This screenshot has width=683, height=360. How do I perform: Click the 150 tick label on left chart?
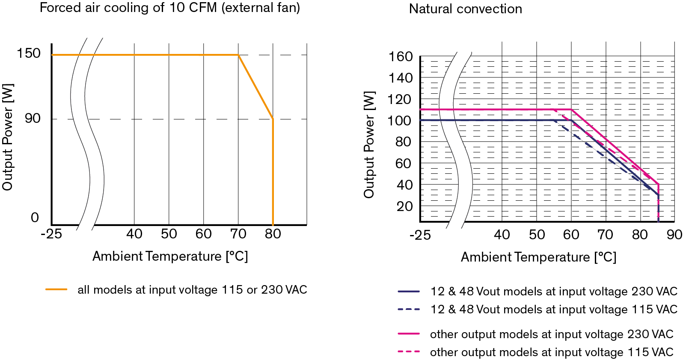coord(28,54)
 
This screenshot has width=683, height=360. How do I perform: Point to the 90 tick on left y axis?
coord(33,119)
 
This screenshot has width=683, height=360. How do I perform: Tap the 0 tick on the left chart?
coord(35,218)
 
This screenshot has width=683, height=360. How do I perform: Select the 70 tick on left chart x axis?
coord(238,234)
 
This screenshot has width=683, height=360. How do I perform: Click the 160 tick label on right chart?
coord(401,57)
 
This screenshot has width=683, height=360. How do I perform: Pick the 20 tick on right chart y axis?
coord(404,206)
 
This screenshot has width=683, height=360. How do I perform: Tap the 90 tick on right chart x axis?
coord(674,235)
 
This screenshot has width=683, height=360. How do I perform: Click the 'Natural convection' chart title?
coord(465,9)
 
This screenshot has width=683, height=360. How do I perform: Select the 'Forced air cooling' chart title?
coord(170,8)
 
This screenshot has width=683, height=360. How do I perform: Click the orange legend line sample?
coord(56,290)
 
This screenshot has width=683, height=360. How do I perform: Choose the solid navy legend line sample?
coord(409,292)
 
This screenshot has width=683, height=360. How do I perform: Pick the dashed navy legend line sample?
coord(409,309)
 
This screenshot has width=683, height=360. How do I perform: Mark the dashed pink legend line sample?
coord(409,352)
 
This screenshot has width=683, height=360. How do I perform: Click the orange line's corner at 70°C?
coord(238,55)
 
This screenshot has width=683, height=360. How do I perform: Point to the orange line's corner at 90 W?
coord(273,119)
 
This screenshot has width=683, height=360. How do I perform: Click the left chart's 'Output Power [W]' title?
coord(8,137)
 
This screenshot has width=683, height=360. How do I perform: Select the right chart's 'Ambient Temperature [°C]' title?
coord(538,257)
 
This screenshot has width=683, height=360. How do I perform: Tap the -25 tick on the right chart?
coord(420,235)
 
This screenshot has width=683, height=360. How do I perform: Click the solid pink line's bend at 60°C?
coord(572,110)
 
